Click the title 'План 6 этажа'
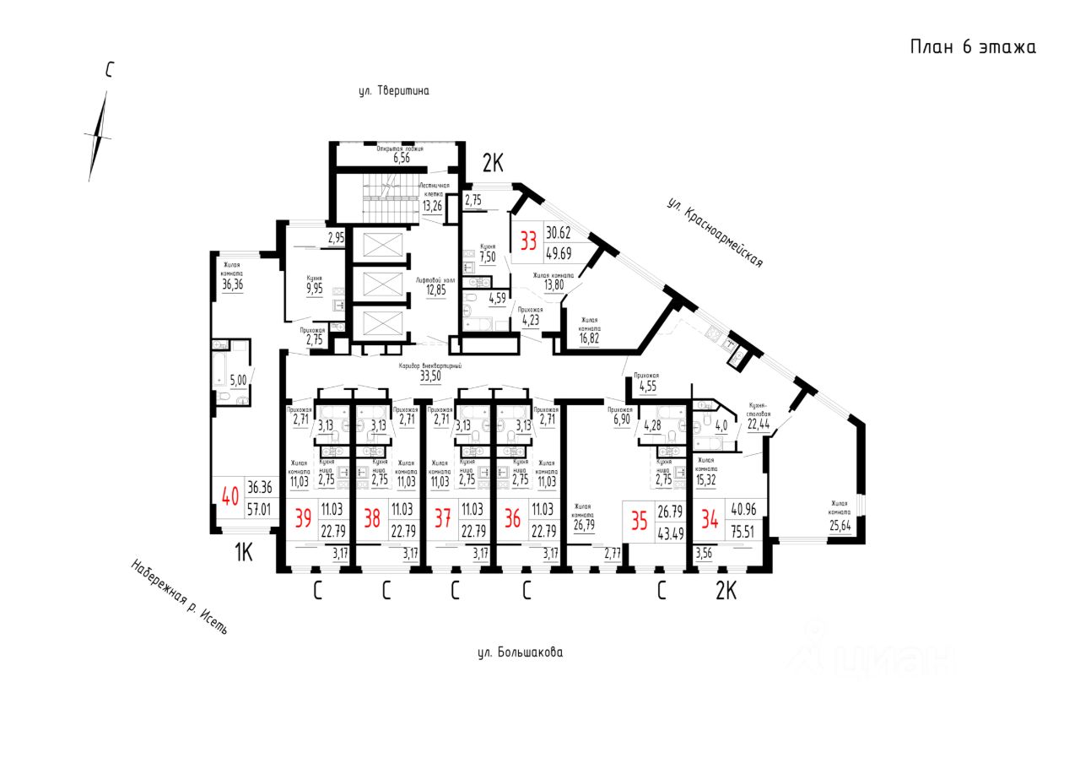[x=972, y=47]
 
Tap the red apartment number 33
[x=529, y=241]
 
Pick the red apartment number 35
[x=639, y=521]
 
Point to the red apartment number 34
[x=709, y=521]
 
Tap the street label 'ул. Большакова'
[x=519, y=652]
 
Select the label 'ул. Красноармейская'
[x=714, y=232]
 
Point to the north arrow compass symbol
[x=100, y=135]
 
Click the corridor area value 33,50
[x=430, y=377]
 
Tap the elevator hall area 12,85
[x=435, y=290]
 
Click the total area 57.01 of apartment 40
[x=259, y=508]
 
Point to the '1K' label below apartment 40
[x=243, y=553]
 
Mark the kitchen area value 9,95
[x=315, y=288]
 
